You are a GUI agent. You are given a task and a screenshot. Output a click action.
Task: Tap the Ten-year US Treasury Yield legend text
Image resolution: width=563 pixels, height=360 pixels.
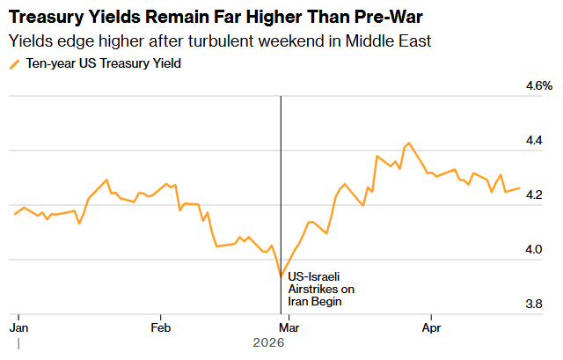click(x=104, y=63)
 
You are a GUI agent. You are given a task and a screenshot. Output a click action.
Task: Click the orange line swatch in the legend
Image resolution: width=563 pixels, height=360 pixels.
click(x=13, y=64)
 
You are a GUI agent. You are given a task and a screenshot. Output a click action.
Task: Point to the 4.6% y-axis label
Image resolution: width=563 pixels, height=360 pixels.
click(x=538, y=86)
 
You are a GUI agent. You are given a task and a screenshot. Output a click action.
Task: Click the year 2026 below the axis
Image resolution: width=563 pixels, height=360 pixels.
click(x=268, y=342)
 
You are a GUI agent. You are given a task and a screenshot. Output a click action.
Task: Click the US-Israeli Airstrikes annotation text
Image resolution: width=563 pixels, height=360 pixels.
click(x=321, y=290)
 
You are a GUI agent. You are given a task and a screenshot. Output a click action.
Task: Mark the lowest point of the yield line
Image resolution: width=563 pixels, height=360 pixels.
click(x=281, y=276)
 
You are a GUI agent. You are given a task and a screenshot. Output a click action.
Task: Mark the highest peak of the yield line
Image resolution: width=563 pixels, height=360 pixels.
click(x=408, y=143)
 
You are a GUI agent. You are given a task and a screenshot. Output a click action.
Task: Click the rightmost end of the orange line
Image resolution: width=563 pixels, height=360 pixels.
click(x=519, y=188)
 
